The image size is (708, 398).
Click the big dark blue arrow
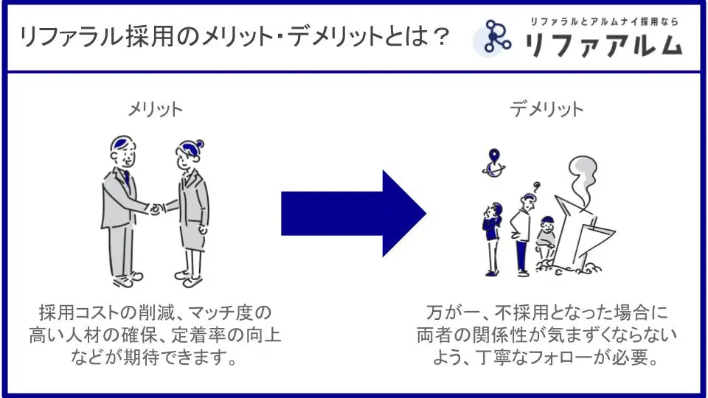tap(350, 214)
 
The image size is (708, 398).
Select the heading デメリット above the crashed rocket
tap(546, 109)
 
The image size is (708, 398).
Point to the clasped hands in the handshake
tap(155, 209)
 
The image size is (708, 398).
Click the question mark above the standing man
tap(538, 186)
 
